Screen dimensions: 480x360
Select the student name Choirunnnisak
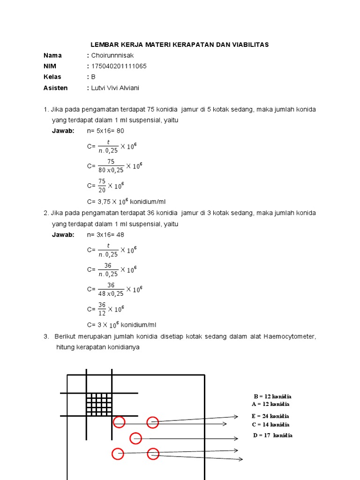(112, 55)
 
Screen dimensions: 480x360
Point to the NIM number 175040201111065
(119, 66)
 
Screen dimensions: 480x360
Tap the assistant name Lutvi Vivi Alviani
(115, 88)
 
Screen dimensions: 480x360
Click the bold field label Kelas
(52, 77)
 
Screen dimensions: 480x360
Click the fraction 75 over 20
(101, 185)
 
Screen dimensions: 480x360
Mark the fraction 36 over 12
(101, 309)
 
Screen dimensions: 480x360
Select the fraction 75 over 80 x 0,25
(110, 165)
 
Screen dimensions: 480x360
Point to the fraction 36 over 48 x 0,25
(111, 289)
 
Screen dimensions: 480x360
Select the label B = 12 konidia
(272, 396)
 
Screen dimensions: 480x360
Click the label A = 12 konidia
(270, 404)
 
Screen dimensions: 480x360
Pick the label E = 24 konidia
(270, 416)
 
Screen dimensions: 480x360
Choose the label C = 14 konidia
(270, 424)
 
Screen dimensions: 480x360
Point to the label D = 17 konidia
(273, 435)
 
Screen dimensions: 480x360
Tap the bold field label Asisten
(56, 88)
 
